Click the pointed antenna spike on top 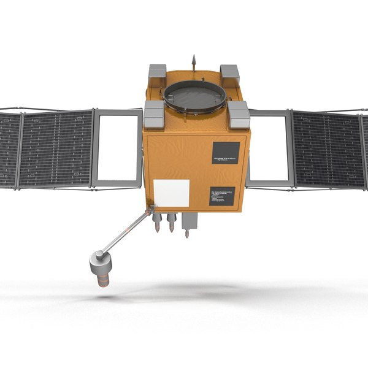point(194,61)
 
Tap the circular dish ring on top point(194,96)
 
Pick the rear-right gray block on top point(229,72)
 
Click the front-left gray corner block point(154,113)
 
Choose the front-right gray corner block point(238,114)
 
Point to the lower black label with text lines point(221,196)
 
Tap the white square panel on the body point(171,193)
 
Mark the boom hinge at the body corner point(149,211)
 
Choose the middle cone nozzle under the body point(172,223)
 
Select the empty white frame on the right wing point(269,148)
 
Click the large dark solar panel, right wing point(328,149)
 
